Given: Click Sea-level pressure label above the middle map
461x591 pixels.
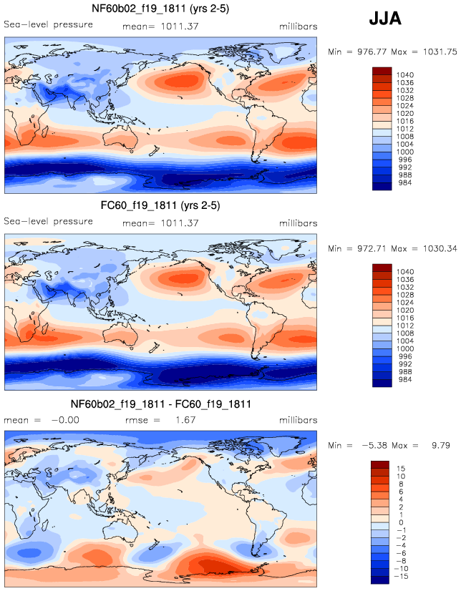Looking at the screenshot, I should coord(49,221).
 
